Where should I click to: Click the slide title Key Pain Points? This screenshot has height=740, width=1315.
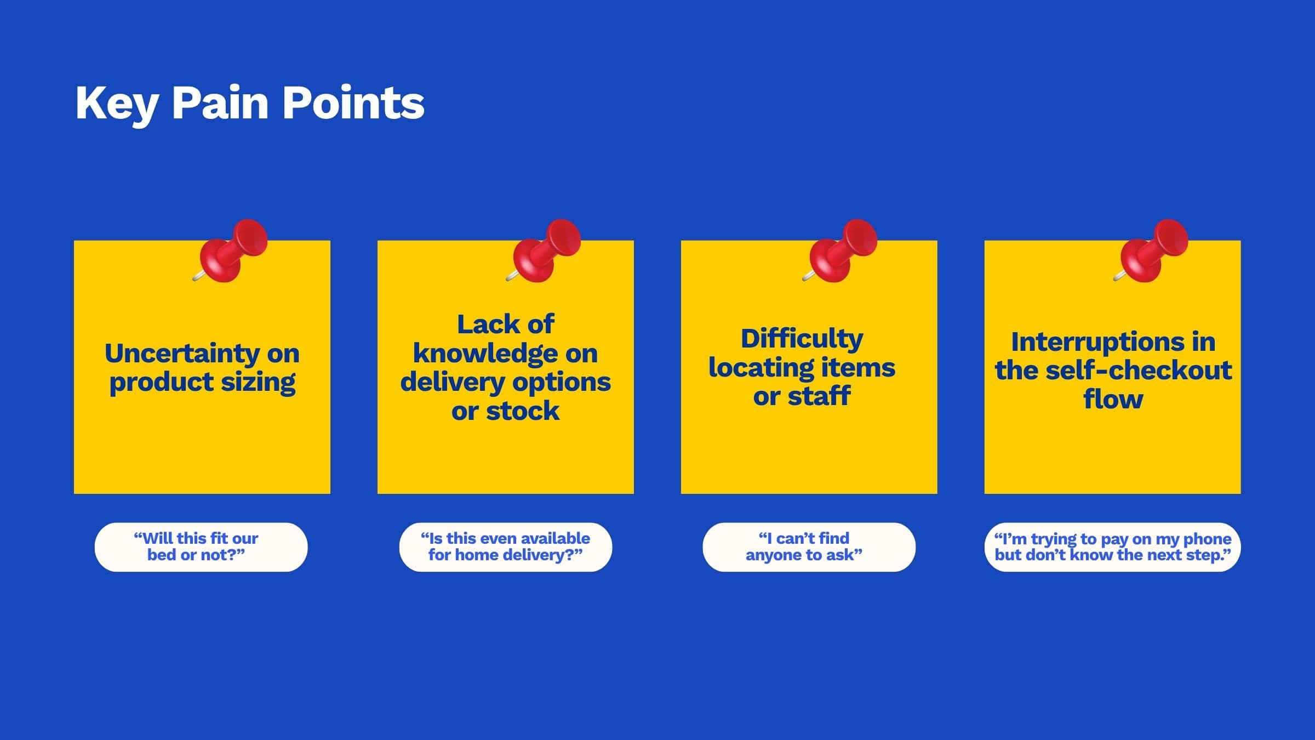coord(250,103)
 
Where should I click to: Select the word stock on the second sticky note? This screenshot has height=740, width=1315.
coord(522,411)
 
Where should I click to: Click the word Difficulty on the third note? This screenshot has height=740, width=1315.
coord(802,339)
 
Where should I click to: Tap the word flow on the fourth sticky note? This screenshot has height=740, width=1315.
coord(1113,399)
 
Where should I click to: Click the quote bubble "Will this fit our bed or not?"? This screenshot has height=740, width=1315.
coord(201,547)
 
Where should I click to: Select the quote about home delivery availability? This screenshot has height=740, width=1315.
coord(505,547)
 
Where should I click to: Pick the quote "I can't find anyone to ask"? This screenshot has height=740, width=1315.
coord(809,547)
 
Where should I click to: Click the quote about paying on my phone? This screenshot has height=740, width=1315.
coord(1112,547)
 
